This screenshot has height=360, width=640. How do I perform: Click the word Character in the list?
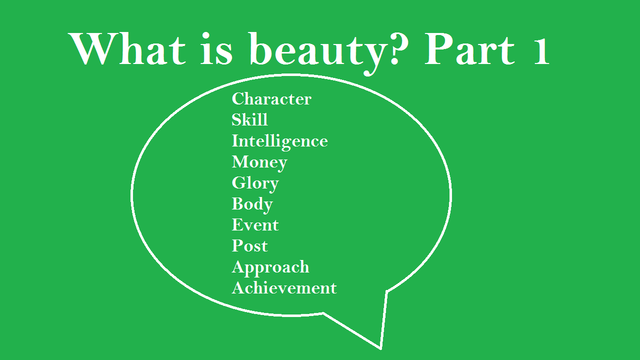(271, 99)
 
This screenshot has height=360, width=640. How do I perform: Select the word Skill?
(249, 119)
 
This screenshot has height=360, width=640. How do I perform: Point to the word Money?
(259, 163)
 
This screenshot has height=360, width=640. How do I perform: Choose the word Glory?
(255, 184)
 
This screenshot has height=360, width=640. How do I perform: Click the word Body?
(252, 205)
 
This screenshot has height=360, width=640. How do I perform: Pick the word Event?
(255, 225)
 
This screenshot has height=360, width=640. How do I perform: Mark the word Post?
(249, 245)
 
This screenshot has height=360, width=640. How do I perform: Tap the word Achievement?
(284, 287)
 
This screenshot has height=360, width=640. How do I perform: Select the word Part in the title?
(470, 49)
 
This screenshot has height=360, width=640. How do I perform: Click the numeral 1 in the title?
(540, 52)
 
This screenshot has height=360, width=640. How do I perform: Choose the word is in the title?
(216, 49)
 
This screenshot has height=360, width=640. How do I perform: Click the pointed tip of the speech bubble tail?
(381, 349)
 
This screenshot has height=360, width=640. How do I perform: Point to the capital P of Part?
(439, 49)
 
